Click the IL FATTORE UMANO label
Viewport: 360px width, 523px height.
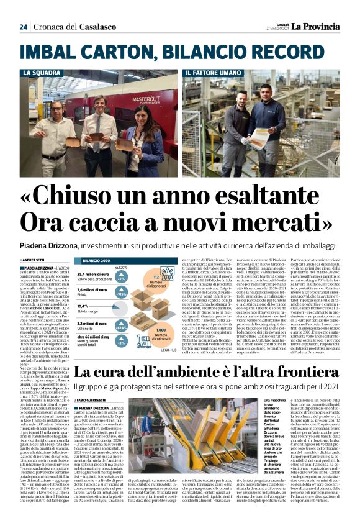click(x=212, y=73)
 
